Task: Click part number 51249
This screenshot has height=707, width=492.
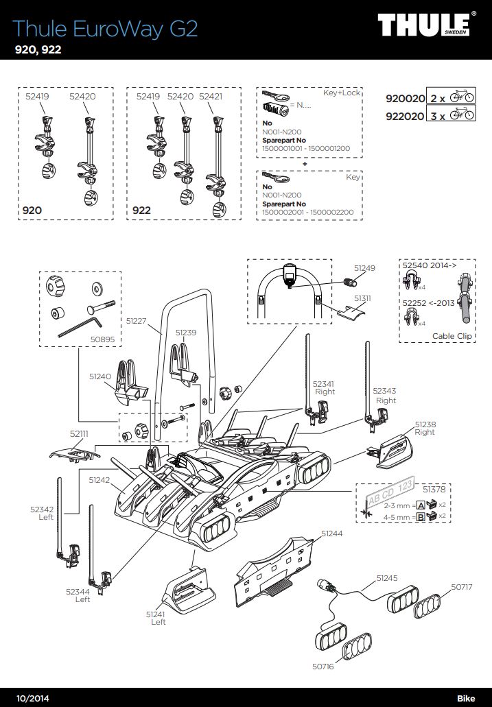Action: point(365,268)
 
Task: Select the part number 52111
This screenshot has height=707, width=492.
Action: point(80,433)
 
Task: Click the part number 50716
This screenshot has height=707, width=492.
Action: point(322,667)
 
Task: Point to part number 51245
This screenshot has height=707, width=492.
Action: point(387,578)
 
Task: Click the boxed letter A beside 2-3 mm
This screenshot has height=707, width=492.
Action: point(421,505)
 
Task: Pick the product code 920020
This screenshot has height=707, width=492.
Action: point(405,98)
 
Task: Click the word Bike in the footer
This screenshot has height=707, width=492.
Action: point(466,697)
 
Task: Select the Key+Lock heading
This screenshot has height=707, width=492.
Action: point(341,93)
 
